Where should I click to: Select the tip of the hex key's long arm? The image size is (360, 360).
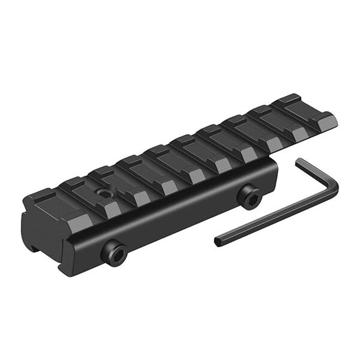[x=218, y=241]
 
